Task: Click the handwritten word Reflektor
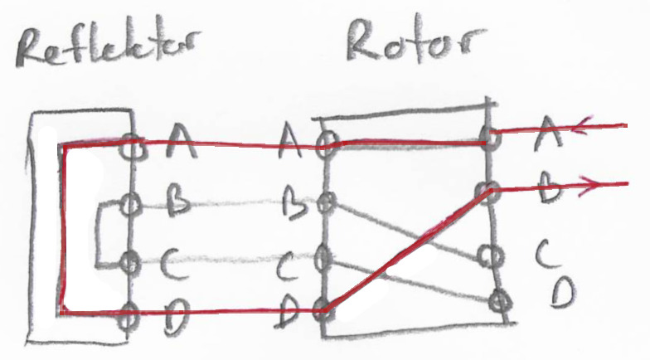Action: point(108,52)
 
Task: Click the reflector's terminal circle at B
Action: point(129,202)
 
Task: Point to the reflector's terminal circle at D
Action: point(129,315)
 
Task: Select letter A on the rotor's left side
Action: point(291,143)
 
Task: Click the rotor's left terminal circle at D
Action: point(324,313)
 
